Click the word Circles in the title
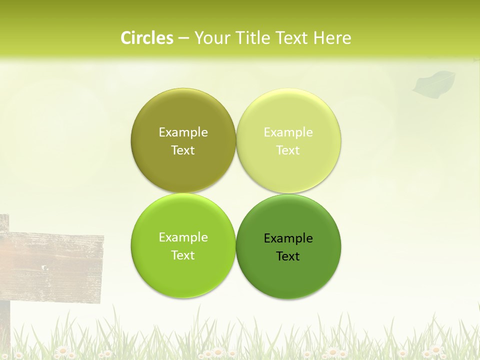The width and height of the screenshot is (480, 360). pos(146,38)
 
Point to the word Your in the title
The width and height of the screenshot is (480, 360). pos(210,38)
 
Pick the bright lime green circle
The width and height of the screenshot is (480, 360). pos(183,275)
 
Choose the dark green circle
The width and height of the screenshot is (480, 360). pos(288,277)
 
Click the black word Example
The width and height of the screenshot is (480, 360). pos(288,238)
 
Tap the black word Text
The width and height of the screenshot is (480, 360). pos(288,256)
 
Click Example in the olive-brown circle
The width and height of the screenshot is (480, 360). pos(183,132)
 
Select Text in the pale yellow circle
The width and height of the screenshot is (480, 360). pos(288,150)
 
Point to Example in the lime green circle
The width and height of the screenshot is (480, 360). pos(183,237)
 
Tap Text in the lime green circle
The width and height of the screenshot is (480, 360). pos(183,255)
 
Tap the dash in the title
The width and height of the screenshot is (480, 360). pos(183,38)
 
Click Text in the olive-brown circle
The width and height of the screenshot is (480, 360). pos(183,150)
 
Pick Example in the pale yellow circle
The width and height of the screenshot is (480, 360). pos(288,132)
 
